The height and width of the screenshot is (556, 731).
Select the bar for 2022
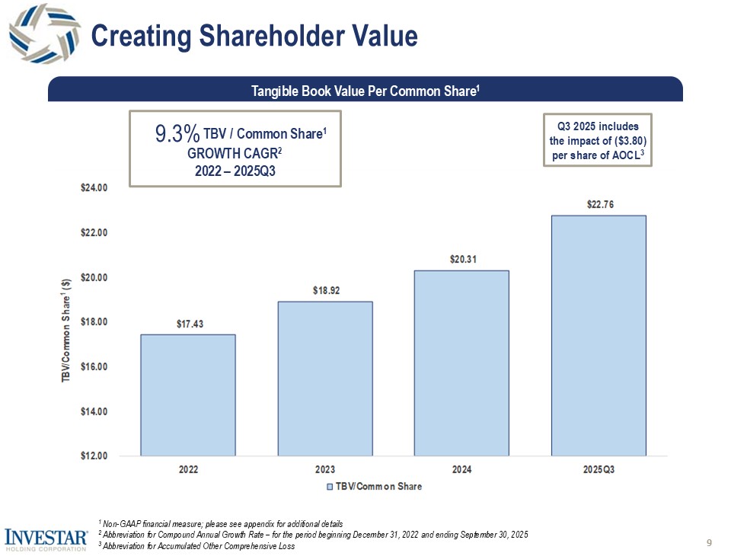(x=187, y=395)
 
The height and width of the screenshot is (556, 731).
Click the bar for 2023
(x=325, y=379)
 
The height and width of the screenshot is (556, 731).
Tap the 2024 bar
(x=461, y=363)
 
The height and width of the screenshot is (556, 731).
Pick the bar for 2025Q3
(x=598, y=335)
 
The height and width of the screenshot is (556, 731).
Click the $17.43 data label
(x=187, y=324)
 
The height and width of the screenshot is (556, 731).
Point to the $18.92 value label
(x=325, y=292)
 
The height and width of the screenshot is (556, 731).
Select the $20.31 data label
(x=461, y=260)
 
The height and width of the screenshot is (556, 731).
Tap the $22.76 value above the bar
(x=599, y=205)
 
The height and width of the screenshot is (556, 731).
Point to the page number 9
(x=709, y=543)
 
